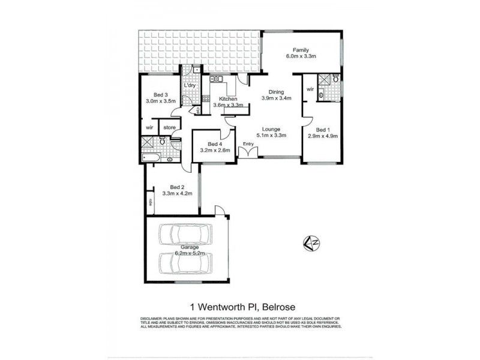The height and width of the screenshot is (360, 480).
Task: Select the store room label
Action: click(x=169, y=127)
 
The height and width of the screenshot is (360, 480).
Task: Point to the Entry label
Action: click(x=248, y=143)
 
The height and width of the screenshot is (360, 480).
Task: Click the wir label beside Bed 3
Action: click(x=149, y=127)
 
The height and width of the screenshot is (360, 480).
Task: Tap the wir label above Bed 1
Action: click(x=310, y=89)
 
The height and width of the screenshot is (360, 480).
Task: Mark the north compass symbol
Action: click(x=311, y=243)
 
